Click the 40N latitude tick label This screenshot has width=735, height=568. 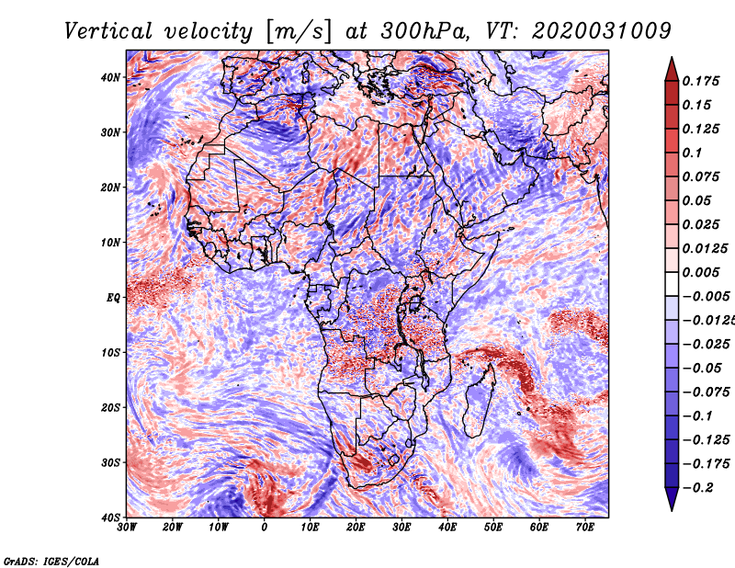tap(110, 77)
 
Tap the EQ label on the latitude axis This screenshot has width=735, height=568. tap(113, 298)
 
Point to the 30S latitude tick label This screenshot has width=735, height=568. tap(110, 462)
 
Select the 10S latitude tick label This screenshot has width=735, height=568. tap(110, 352)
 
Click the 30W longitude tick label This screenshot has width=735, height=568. tap(127, 528)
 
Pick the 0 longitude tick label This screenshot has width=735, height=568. tap(265, 528)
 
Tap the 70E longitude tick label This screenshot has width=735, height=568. tap(585, 528)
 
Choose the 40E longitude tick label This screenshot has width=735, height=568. tap(447, 528)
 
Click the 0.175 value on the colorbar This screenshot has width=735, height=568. tap(700, 81)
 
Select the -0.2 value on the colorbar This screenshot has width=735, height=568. tap(697, 487)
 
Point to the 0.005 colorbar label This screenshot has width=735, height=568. tap(700, 272)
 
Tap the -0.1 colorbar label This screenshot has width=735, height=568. tap(697, 416)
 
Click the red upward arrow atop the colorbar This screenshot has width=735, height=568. tap(672, 70)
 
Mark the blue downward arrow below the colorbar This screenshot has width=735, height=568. tap(672, 498)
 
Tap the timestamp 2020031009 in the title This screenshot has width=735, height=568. tap(602, 31)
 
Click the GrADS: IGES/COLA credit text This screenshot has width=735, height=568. tap(51, 561)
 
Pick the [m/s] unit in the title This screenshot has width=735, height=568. tap(299, 31)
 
